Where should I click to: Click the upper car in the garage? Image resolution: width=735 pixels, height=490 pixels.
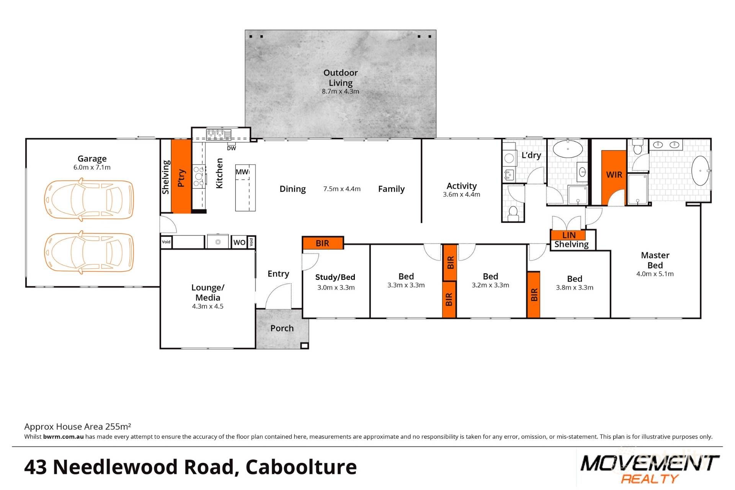coord(89,199)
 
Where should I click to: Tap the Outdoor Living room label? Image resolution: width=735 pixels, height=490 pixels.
coord(340,78)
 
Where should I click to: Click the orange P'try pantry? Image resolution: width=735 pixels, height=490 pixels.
coord(181,176)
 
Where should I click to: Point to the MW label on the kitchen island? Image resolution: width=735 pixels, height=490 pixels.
coord(242,172)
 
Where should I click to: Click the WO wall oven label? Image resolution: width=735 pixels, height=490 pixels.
coord(239,242)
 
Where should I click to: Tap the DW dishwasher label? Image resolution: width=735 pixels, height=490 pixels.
coord(231,148)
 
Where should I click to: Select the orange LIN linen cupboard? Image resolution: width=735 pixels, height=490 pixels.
coord(568,235)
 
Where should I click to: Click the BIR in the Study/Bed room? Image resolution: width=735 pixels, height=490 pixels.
coord(322,243)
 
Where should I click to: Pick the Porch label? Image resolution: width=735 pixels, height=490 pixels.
coord(282,328)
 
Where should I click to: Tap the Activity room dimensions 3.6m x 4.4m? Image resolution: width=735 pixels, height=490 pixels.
coord(461,194)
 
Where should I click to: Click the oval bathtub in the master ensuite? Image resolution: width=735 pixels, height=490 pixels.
coord(700,171)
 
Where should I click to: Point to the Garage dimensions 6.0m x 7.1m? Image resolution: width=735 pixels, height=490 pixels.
coord(92,167)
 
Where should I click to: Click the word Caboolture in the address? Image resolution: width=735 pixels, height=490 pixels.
coord(301,467)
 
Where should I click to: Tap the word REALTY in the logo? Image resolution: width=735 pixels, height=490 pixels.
coord(649,479)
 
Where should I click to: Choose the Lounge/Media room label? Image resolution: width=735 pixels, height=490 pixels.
coord(207,292)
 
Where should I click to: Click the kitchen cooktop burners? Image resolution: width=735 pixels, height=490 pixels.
coord(199,176)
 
